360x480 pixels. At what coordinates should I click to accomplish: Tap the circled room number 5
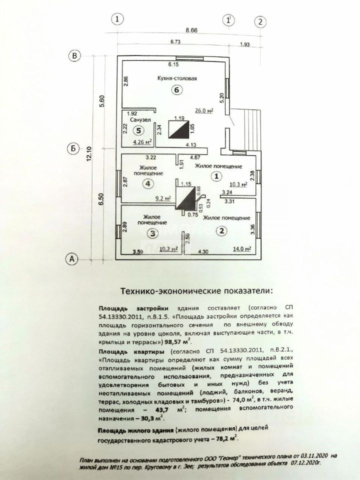click(140, 130)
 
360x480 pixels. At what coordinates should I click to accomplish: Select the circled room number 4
click(147, 184)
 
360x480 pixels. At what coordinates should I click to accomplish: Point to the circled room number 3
click(153, 233)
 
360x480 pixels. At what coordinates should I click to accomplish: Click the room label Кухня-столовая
click(173, 79)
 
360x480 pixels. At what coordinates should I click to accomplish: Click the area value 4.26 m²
click(141, 141)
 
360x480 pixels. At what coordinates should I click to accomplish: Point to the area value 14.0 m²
click(241, 248)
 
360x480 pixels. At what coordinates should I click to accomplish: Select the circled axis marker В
click(74, 56)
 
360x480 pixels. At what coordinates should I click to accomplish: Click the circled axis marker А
click(72, 259)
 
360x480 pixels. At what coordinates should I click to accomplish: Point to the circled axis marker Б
click(73, 149)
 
